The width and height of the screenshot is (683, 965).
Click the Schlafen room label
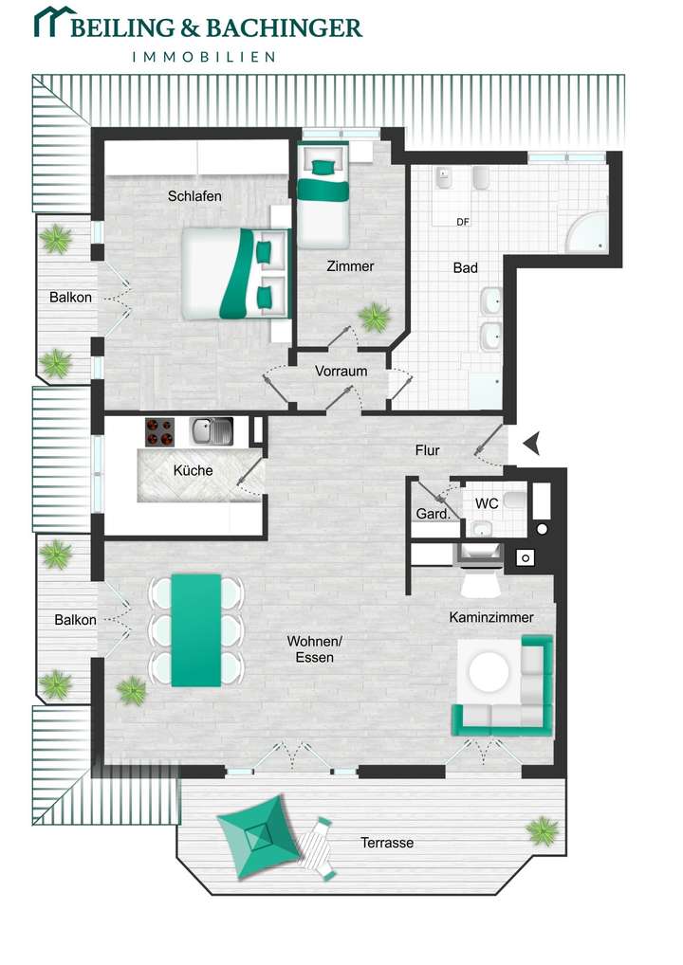coord(194,197)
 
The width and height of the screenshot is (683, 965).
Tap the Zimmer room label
coord(350,266)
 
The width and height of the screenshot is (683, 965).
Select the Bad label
coord(465,268)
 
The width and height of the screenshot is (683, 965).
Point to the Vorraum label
coord(341,372)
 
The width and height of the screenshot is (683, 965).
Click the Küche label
coord(193,470)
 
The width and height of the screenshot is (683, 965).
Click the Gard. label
coord(433,515)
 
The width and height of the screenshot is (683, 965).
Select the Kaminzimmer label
coord(491,617)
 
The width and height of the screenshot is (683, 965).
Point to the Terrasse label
coord(387,843)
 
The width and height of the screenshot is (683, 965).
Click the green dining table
coord(195,629)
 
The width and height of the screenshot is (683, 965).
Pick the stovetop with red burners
coord(160,432)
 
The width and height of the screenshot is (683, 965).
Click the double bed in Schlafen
coord(234,273)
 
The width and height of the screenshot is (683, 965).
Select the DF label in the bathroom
coord(463,223)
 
